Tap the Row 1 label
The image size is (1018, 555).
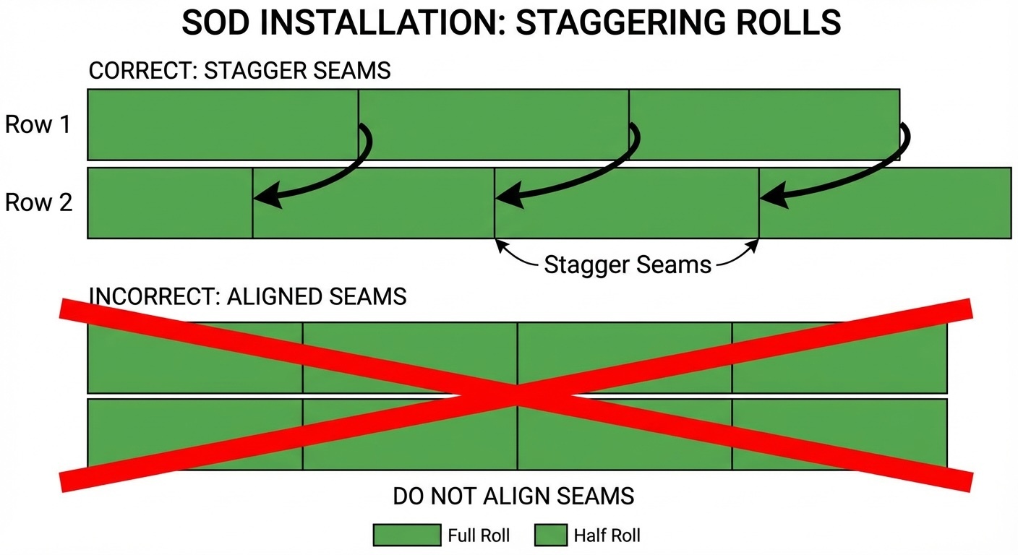click(38, 124)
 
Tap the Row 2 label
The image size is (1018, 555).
click(39, 202)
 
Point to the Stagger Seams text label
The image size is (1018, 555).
click(628, 264)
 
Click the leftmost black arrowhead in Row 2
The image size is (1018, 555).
click(264, 196)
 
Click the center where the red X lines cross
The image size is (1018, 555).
click(517, 395)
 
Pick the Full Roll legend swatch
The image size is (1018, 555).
click(406, 535)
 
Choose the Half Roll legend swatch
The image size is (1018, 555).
click(550, 535)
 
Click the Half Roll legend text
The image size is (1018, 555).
click(607, 535)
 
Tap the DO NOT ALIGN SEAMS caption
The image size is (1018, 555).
click(513, 496)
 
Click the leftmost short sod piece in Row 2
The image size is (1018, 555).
click(170, 203)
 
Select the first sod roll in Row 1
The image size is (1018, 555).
click(223, 124)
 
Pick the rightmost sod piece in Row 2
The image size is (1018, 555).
click(885, 203)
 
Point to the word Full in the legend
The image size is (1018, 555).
click(461, 535)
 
